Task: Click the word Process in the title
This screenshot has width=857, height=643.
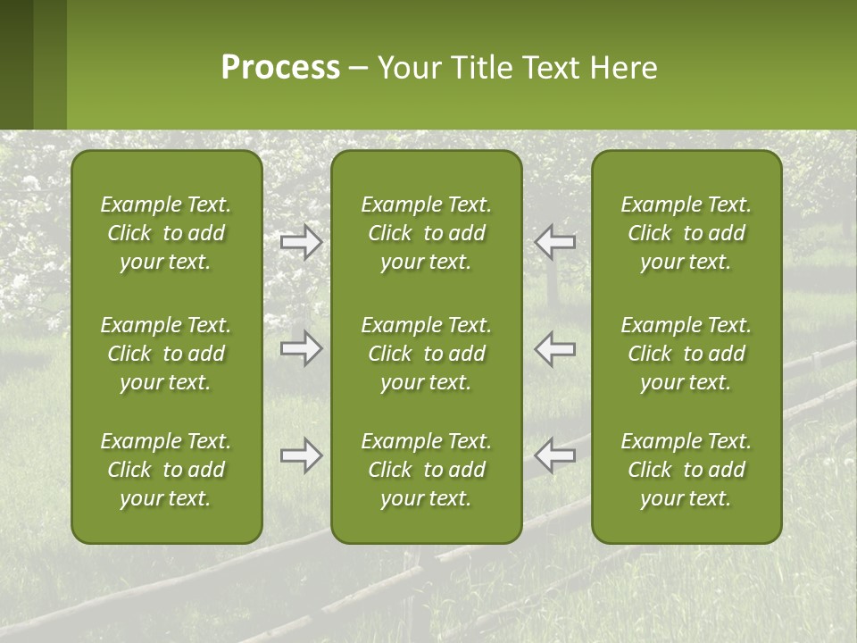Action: click(x=280, y=68)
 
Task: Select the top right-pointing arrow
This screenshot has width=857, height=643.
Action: click(x=302, y=242)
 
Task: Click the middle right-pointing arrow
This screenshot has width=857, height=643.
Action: click(x=302, y=348)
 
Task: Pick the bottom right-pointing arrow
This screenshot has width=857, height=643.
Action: click(x=302, y=455)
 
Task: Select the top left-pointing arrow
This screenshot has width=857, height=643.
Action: click(x=555, y=242)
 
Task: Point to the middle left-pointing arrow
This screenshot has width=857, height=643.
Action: click(x=555, y=348)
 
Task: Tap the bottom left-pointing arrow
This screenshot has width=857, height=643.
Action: click(x=555, y=455)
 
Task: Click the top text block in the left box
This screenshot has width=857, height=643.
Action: click(x=166, y=233)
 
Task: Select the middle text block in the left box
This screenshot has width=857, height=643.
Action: click(x=166, y=354)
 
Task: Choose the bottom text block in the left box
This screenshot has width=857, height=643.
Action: click(x=166, y=470)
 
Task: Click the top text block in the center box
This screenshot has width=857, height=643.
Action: click(x=427, y=233)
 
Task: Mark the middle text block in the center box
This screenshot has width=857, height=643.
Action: click(x=427, y=354)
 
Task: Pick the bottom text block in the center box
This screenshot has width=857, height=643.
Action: click(x=427, y=470)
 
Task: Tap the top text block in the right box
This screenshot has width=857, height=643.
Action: click(x=686, y=233)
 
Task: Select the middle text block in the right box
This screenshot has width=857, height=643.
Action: click(x=686, y=354)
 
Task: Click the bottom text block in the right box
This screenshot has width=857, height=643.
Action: click(x=686, y=470)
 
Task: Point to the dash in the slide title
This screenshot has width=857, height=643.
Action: click(x=359, y=69)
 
